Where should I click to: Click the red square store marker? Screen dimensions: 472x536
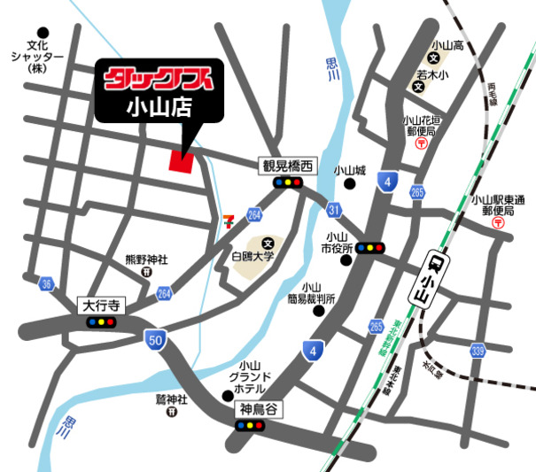point(183,162)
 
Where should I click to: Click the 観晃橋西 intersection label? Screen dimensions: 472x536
point(288,166)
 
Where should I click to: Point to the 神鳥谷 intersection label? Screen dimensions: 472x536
point(257,410)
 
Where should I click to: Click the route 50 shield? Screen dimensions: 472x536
point(156,338)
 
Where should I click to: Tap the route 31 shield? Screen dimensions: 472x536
point(333,209)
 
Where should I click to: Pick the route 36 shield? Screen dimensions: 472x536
point(47,283)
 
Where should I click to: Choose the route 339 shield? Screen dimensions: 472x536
point(478,352)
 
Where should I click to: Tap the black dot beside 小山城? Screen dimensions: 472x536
point(351,185)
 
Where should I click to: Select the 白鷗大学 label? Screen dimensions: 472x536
point(254,256)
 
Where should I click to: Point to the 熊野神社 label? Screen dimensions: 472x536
point(146,260)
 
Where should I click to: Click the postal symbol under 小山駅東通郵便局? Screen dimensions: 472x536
point(499,223)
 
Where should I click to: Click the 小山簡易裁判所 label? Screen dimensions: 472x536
point(310,292)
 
